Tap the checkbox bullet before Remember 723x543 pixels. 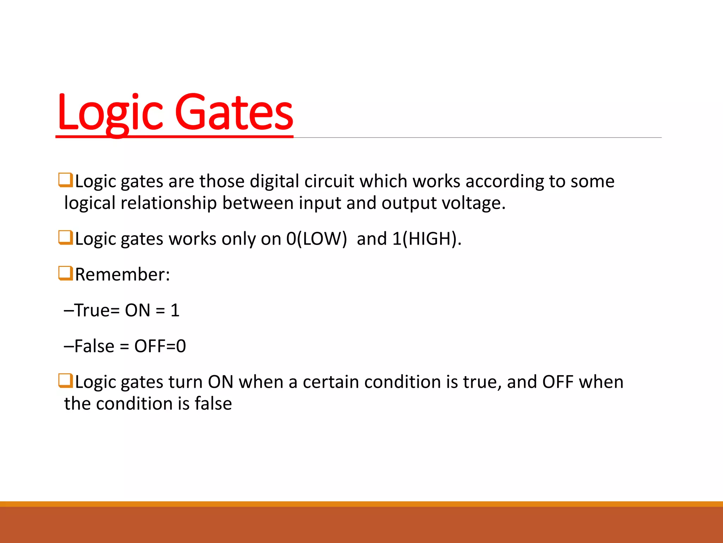point(66,273)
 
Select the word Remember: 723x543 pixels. point(123,274)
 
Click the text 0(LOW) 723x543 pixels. point(317,239)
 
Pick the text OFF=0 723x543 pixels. point(160,346)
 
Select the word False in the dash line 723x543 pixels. point(94,346)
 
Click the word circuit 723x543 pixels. point(329,181)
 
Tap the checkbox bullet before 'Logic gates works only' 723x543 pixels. point(66,238)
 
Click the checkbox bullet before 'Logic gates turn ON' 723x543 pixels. point(66,381)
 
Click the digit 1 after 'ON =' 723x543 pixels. point(175,310)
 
